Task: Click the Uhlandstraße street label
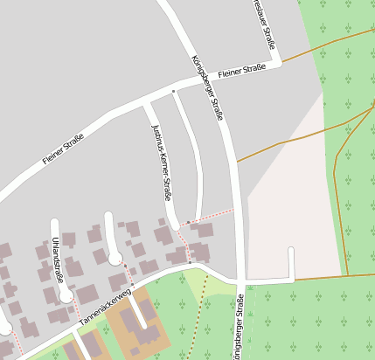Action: pos(58,258)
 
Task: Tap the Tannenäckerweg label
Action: pos(104,308)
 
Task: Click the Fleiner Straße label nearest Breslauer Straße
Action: pos(242,69)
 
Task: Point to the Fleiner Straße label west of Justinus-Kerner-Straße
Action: pos(63,149)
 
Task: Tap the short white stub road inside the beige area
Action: pos(291,262)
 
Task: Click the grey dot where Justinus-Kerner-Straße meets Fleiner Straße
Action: pos(173,90)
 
